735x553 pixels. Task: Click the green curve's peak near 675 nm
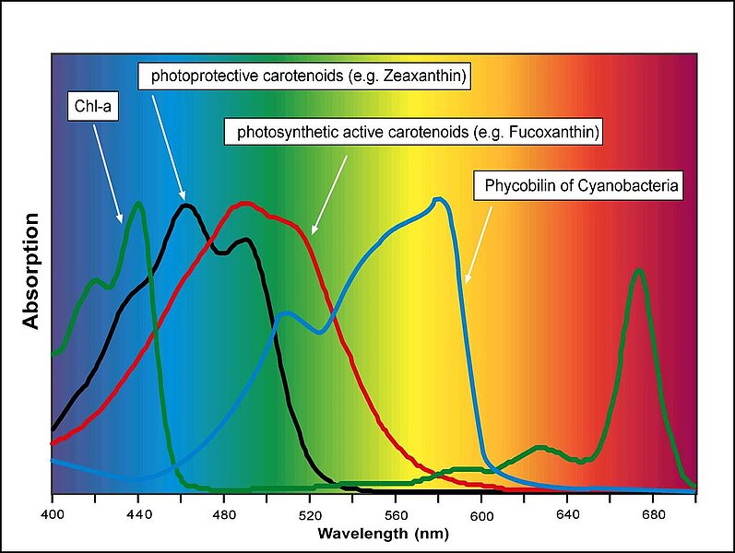click(x=638, y=271)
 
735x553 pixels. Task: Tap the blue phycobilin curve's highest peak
click(x=441, y=198)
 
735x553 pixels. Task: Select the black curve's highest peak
click(x=187, y=206)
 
